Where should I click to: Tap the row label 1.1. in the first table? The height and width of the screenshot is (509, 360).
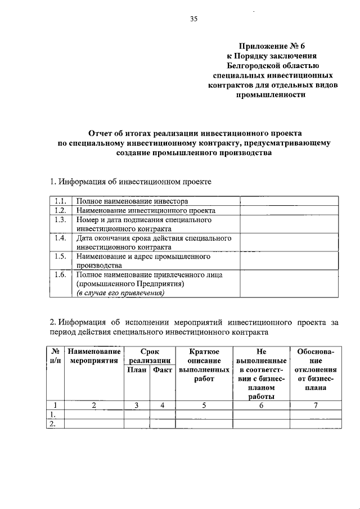pos(61,201)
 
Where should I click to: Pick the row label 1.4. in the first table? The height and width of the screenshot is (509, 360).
pos(61,238)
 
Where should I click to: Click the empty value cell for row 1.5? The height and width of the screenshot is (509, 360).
pos(289,261)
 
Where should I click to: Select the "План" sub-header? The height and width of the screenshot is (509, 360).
pos(136,370)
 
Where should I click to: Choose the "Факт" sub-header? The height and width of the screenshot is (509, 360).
pos(162,370)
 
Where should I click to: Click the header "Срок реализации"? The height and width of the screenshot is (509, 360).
pos(149,356)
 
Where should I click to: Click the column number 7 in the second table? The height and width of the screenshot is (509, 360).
pos(316,404)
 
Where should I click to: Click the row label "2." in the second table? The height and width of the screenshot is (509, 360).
pos(55,424)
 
